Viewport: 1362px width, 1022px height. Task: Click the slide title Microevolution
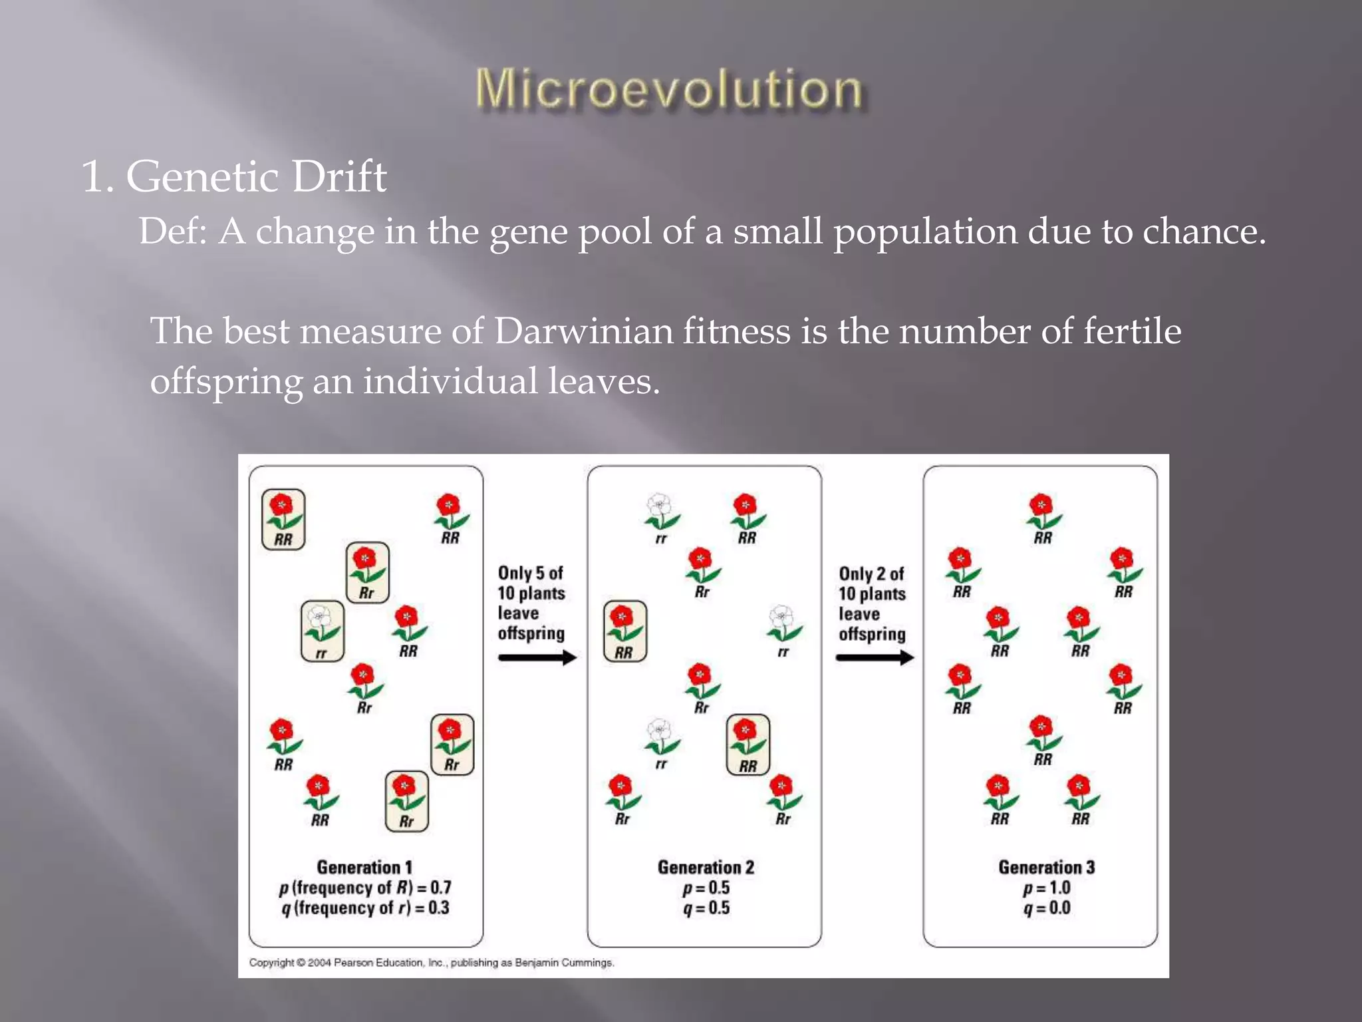coord(669,89)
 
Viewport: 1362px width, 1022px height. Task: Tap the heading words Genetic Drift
coord(256,177)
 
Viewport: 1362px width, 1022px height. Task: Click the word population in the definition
coord(925,233)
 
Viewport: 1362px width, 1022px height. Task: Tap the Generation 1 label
coord(364,867)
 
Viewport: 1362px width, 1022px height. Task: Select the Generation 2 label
coord(706,867)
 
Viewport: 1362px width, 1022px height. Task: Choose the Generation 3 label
coord(1046,867)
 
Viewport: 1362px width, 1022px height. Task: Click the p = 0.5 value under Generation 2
coord(706,888)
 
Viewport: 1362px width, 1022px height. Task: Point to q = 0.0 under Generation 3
coord(1046,908)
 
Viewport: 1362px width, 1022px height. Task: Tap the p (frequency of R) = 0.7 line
coord(364,888)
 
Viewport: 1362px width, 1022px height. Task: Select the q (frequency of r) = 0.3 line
coord(364,908)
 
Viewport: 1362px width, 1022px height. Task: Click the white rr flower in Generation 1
coord(323,629)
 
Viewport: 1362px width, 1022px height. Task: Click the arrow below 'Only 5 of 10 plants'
coord(537,658)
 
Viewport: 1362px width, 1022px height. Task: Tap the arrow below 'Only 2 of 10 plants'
coord(875,658)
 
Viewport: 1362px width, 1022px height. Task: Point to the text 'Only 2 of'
coord(871,574)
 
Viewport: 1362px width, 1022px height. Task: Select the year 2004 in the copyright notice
coord(319,963)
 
